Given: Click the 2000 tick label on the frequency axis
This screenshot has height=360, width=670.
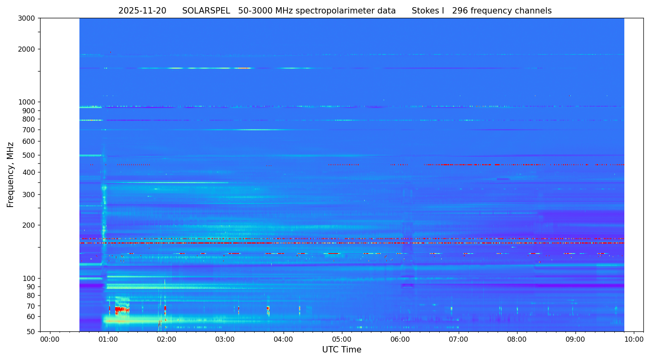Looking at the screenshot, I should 27,49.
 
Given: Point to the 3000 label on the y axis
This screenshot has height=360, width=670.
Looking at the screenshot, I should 27,18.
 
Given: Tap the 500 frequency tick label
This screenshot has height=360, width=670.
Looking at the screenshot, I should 29,155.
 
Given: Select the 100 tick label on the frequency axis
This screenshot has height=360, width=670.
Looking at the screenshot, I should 29,278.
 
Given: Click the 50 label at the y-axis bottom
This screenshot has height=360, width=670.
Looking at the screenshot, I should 31,331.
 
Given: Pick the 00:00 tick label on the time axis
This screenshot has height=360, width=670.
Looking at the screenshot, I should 50,340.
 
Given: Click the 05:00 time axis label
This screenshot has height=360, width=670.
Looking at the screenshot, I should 342,340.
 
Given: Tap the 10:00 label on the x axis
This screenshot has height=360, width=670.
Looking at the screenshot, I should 633,340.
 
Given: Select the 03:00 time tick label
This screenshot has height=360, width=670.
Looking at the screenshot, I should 225,340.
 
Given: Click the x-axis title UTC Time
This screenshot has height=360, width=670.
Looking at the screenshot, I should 342,350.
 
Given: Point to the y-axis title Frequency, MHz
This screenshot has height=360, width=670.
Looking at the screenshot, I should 10,174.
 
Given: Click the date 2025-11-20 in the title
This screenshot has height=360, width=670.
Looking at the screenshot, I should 142,11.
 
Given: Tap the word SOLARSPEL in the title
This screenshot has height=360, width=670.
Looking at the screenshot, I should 206,11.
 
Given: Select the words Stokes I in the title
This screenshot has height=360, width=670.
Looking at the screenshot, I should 428,11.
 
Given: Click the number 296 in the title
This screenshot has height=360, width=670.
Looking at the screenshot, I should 460,11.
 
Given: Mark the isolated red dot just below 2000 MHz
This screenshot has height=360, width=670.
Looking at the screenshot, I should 110,52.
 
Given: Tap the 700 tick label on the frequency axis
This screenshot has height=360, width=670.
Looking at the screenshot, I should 29,130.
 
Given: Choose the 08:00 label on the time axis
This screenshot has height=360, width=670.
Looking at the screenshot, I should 517,340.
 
